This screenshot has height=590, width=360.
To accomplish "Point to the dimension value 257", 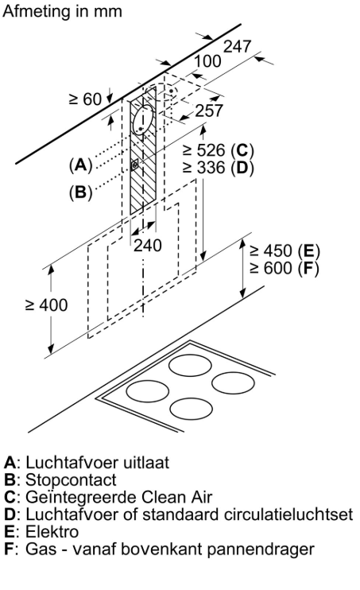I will pos(208,111).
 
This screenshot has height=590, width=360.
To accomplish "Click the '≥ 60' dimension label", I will pos(85,99).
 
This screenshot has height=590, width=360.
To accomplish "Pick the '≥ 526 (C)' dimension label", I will pos(217,150).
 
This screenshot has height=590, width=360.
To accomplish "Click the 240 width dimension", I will pos(147,246).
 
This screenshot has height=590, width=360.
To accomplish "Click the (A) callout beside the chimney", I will pos(80,165).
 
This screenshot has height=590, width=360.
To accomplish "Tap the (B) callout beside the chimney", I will pos(80,192).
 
